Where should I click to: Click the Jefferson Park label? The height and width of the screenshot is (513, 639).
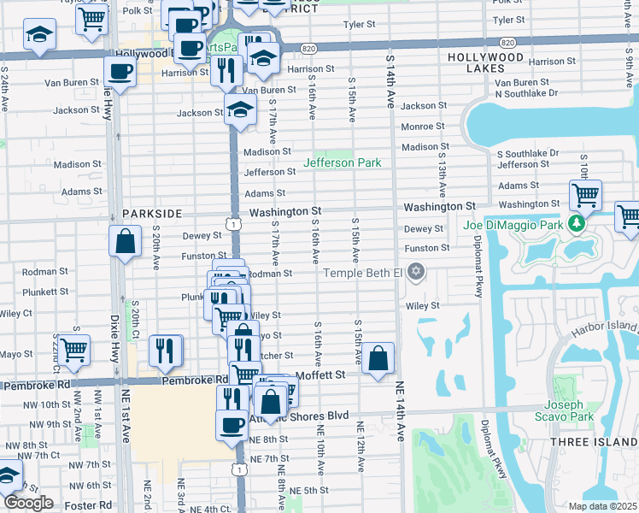tap(343, 162)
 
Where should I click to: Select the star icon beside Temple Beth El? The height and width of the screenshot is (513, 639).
tap(416, 272)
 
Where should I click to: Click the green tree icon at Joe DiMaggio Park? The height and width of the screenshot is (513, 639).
tap(577, 224)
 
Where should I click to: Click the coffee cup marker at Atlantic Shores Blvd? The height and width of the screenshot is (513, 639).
tap(231, 424)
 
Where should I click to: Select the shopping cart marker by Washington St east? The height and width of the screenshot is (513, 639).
tap(585, 195)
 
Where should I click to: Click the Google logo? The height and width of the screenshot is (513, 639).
tap(27, 503)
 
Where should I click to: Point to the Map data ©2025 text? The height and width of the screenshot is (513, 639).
tap(602, 506)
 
